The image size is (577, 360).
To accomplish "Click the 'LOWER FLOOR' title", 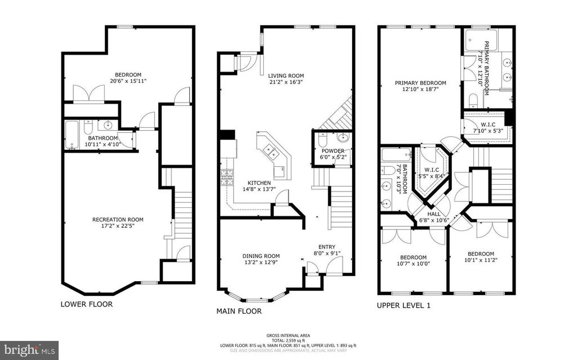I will tap(86, 304).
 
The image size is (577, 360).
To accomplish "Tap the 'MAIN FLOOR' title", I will tap(239, 310).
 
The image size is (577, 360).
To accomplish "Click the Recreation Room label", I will tap(118, 220).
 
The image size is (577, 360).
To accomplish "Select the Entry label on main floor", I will tap(326, 246).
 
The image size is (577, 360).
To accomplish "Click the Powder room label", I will tap(332, 151).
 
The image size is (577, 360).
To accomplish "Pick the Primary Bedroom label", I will tap(420, 83).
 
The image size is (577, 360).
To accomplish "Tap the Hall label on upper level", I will tap(434, 214).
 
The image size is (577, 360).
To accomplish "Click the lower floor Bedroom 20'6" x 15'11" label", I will tap(128, 75).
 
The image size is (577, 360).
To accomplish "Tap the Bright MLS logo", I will tap(30, 349).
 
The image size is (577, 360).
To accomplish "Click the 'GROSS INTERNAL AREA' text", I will tap(288, 335).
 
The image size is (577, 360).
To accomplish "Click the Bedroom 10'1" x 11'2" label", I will tap(480, 254).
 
